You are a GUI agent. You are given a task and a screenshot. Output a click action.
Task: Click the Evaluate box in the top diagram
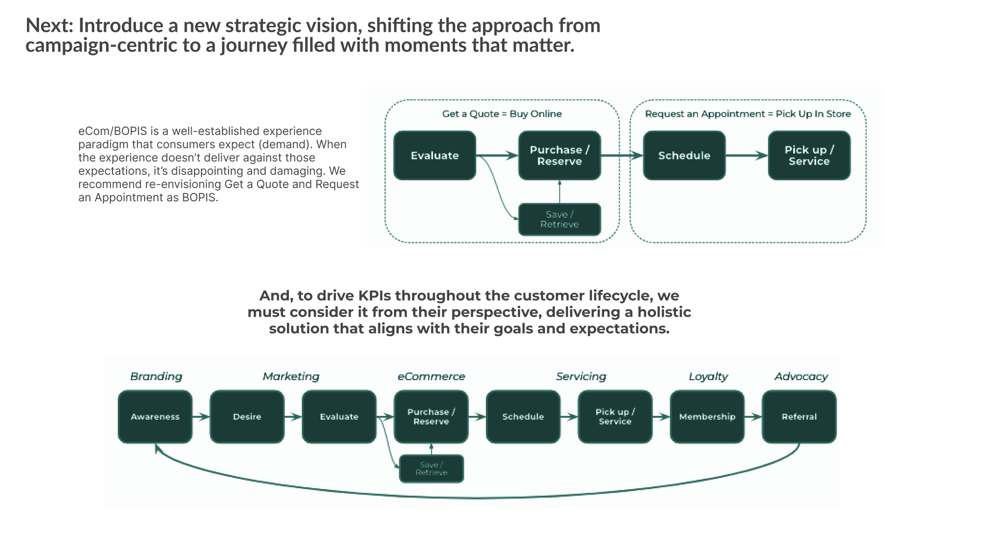pos(435,155)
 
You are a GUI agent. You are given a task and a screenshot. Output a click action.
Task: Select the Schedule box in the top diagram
pos(684,155)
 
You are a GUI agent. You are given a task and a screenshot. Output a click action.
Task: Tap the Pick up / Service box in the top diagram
pos(809,155)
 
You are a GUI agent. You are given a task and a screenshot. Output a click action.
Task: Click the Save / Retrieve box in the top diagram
pos(559,219)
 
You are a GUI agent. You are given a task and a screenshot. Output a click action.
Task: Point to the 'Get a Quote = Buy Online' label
pos(502,114)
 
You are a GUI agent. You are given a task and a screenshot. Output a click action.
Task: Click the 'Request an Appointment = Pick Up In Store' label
pos(747,114)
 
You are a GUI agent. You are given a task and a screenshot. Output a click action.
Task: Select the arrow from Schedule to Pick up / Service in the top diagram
pos(746,155)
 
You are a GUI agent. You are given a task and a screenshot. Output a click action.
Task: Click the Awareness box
pos(155,417)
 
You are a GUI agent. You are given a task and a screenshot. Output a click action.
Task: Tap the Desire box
pos(247,417)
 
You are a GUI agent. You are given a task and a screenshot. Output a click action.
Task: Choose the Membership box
pos(707,417)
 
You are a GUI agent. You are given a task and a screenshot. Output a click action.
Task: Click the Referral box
pos(799,417)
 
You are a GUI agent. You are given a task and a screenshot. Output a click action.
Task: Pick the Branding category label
pos(156,376)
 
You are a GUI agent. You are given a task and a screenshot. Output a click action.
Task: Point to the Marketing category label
pos(291,376)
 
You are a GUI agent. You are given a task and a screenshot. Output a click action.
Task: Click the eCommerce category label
pos(431,376)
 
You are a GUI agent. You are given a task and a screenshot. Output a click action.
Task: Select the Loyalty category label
pos(708,376)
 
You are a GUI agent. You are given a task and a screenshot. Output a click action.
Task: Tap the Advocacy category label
pos(801,376)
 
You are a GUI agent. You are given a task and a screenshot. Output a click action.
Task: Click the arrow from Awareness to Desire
pos(201,417)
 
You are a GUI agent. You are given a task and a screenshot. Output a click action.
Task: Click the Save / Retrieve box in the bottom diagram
pos(431,469)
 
